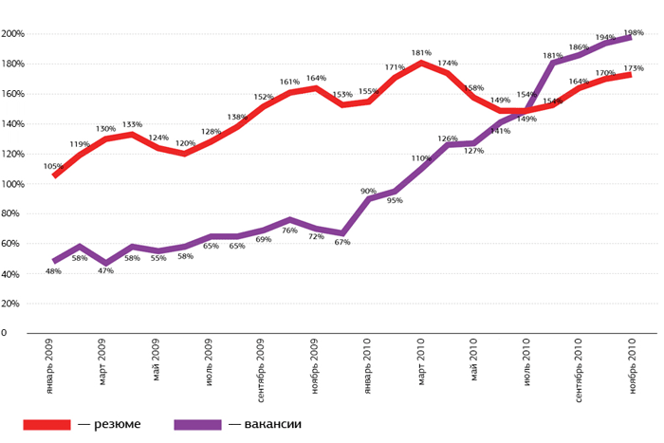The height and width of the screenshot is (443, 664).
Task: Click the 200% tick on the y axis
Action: (x=12, y=34)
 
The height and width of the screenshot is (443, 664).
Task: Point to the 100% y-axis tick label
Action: (x=12, y=184)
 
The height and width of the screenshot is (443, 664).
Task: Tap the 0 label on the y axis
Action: (x=5, y=334)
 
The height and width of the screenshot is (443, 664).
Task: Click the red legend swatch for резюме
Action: (x=47, y=424)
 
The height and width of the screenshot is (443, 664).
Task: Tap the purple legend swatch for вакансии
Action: (x=197, y=424)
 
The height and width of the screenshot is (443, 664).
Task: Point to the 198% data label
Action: (x=633, y=32)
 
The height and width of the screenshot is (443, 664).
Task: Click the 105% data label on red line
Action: (x=54, y=166)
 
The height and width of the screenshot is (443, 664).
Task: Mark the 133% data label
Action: (x=132, y=124)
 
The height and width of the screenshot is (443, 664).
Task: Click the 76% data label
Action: (x=291, y=230)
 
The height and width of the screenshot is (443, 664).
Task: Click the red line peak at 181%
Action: (x=420, y=63)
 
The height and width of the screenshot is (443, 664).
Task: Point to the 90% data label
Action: (x=368, y=191)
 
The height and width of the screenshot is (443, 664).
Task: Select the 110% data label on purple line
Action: (x=420, y=158)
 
